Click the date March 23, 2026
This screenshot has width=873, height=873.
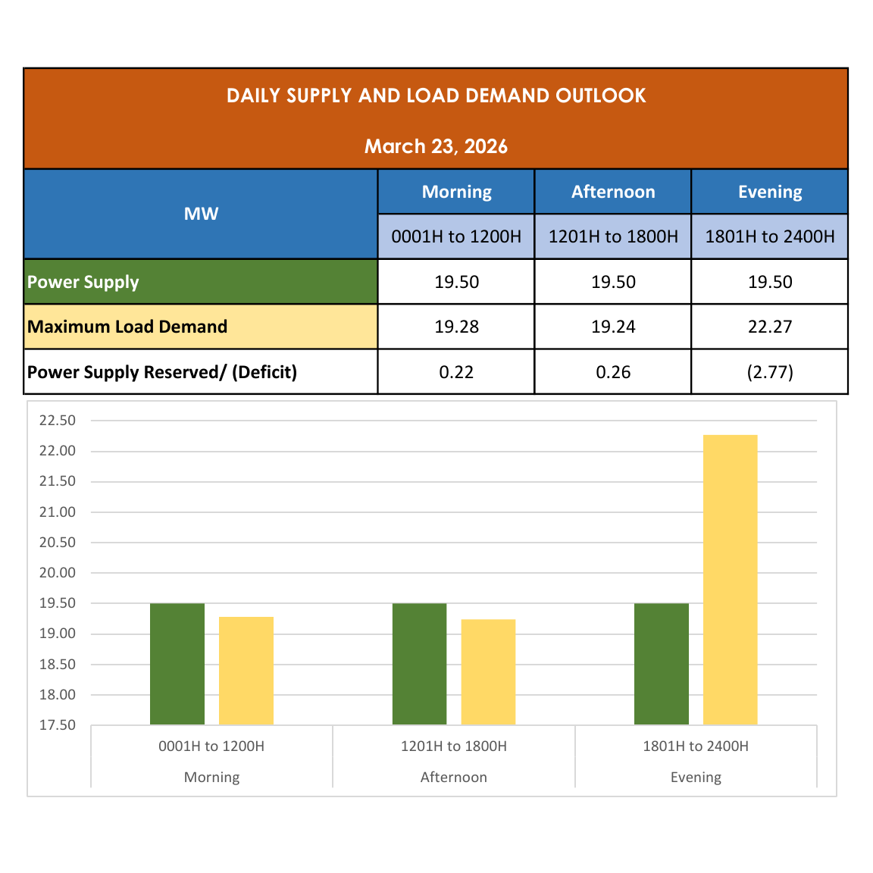[436, 146]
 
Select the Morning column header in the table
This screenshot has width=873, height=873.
[456, 192]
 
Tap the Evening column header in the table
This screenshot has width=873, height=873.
[770, 192]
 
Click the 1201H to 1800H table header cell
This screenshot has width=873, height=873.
[613, 236]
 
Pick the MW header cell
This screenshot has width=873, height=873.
[201, 214]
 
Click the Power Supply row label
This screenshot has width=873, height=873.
[83, 282]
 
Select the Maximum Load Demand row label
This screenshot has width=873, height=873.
[127, 327]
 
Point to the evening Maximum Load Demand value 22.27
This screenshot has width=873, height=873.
[770, 327]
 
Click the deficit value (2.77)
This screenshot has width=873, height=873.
[770, 372]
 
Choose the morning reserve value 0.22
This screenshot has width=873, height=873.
[456, 372]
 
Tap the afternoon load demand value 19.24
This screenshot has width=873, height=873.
[613, 327]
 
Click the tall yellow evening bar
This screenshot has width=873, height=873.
[730, 580]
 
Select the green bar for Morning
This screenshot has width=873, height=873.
[177, 664]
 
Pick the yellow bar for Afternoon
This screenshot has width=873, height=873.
[488, 672]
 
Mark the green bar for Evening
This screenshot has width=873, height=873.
[661, 664]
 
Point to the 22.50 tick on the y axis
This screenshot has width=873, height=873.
[58, 421]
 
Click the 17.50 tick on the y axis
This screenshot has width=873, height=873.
[58, 725]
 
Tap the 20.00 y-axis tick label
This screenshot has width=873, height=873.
[58, 573]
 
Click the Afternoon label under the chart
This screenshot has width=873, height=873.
[453, 777]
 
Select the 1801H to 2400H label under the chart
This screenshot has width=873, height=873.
[696, 746]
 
